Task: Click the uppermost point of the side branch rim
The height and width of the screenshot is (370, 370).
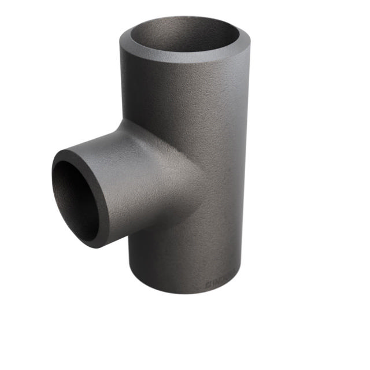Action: click(x=69, y=151)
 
